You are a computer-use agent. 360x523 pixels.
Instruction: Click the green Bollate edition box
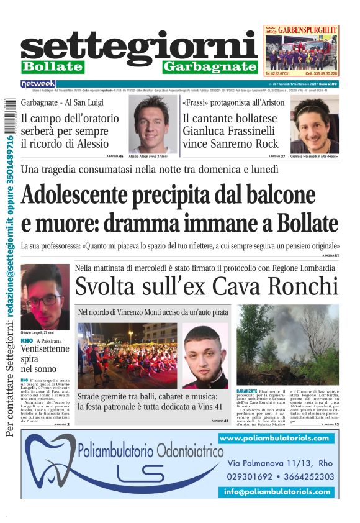pos(52,66)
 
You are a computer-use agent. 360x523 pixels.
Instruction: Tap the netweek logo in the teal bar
pos(38,84)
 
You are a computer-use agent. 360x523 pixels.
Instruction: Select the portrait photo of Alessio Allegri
pos(153,124)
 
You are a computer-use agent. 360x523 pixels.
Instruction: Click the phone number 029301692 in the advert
pos(254,477)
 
